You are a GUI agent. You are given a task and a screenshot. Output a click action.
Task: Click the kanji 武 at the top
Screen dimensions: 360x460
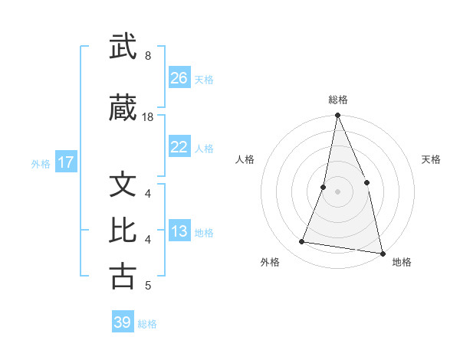[x=123, y=47]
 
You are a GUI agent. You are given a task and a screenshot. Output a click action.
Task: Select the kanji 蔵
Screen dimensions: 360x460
[x=123, y=109]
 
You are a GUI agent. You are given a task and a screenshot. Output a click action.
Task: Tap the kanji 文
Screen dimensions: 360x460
[x=123, y=185]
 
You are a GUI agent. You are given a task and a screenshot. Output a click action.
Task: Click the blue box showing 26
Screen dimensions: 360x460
[x=179, y=78]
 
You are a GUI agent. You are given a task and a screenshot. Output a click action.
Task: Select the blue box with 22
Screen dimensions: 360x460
[x=179, y=147]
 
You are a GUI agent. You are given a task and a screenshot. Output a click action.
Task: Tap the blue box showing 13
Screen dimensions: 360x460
[x=179, y=232]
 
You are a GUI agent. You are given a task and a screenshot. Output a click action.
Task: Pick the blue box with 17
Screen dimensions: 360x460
[x=65, y=162]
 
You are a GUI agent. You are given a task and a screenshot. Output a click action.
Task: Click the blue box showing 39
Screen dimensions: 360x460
[x=123, y=322]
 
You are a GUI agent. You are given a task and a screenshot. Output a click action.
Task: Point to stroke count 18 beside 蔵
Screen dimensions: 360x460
[x=148, y=116]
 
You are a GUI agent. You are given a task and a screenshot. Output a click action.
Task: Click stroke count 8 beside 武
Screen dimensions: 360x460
[x=147, y=55]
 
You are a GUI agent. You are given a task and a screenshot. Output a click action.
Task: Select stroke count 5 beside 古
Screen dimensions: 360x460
[x=147, y=286]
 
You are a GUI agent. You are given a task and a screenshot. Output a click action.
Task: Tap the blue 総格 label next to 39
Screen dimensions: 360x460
[x=147, y=323]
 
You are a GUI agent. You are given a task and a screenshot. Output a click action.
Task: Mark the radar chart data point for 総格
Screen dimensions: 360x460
[x=337, y=116]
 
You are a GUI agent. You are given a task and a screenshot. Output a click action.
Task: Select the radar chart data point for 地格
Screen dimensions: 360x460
[x=381, y=253]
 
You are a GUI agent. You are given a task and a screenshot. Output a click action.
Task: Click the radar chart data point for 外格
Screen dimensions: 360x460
[x=302, y=242]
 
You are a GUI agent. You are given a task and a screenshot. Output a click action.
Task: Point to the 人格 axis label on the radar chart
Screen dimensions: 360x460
[x=245, y=159]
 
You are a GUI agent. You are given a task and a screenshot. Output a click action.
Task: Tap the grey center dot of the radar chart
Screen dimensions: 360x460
[x=337, y=191]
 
